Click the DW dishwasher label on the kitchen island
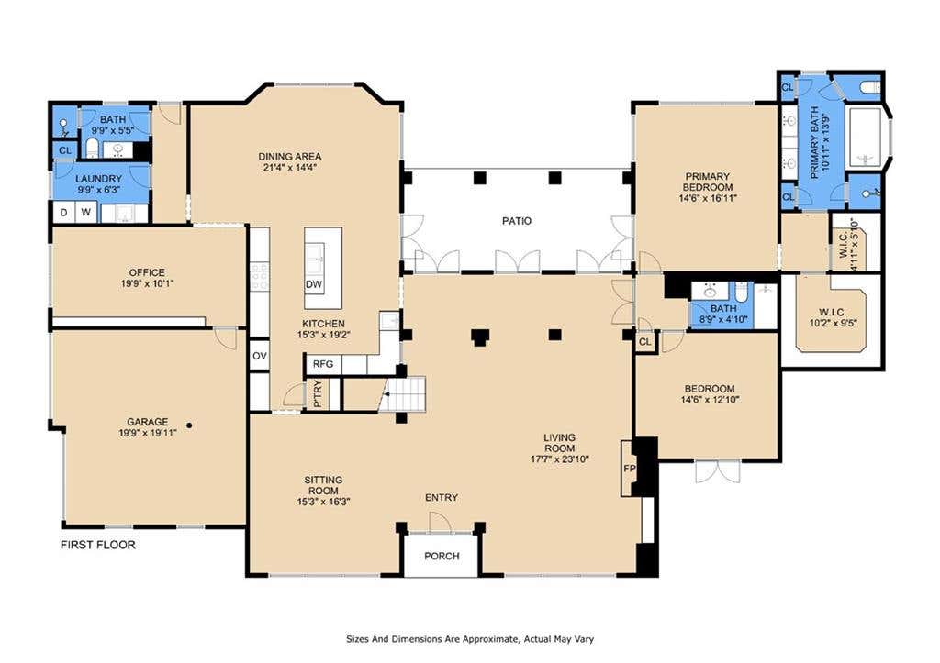coord(314,284)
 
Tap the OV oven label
coord(259,356)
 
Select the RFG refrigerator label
coord(323,363)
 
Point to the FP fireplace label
coord(629,469)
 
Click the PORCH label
coord(442,556)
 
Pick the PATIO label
coord(517,220)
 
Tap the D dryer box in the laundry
coord(64,212)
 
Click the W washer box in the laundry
coord(86,212)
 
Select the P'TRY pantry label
coord(317,394)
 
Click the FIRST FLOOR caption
coord(97,545)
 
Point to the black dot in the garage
coord(189,425)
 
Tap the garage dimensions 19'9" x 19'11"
coord(148,433)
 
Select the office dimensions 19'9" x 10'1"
coord(147,283)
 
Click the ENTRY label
coord(442,498)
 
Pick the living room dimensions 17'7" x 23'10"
coord(560,459)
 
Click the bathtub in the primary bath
coord(863,138)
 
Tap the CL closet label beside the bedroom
coord(645,342)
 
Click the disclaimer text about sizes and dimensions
coord(470,639)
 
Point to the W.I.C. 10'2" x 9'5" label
coord(832,316)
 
